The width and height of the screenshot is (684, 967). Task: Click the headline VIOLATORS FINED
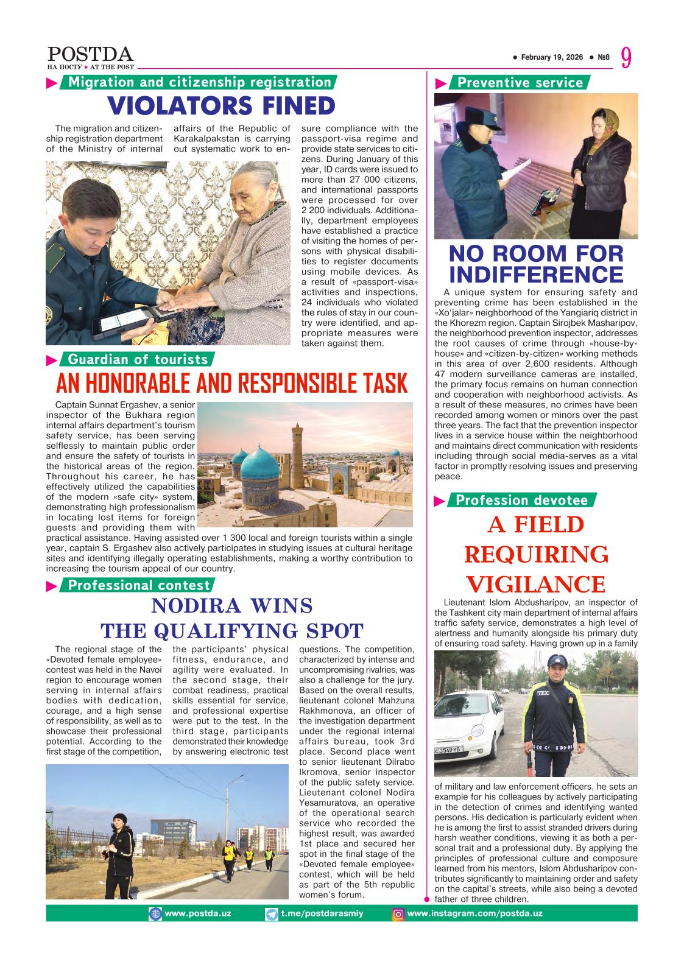[222, 106]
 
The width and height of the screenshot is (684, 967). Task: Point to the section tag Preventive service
[520, 83]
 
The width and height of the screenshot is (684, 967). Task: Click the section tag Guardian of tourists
[138, 359]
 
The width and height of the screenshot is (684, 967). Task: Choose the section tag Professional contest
[138, 585]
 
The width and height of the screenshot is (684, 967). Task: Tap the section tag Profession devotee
[521, 501]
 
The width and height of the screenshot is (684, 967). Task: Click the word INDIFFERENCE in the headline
[536, 273]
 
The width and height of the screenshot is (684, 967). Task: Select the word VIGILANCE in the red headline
[535, 585]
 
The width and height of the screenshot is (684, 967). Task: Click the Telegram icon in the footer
[272, 914]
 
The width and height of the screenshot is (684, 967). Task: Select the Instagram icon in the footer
[398, 914]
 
